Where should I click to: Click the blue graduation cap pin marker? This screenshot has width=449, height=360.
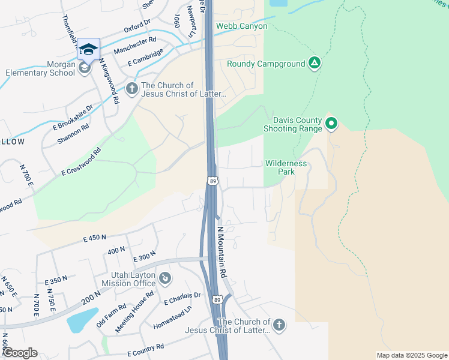(88, 50)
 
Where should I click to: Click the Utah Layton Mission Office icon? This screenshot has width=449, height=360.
(165, 278)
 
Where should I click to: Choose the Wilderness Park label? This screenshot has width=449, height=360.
(286, 167)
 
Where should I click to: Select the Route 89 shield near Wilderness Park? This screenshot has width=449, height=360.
(213, 181)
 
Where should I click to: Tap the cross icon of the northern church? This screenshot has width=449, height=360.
(132, 89)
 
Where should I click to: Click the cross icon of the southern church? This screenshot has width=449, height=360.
(278, 326)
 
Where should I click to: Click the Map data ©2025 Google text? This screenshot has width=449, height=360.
(411, 355)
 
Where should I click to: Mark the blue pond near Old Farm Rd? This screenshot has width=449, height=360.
(82, 319)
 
